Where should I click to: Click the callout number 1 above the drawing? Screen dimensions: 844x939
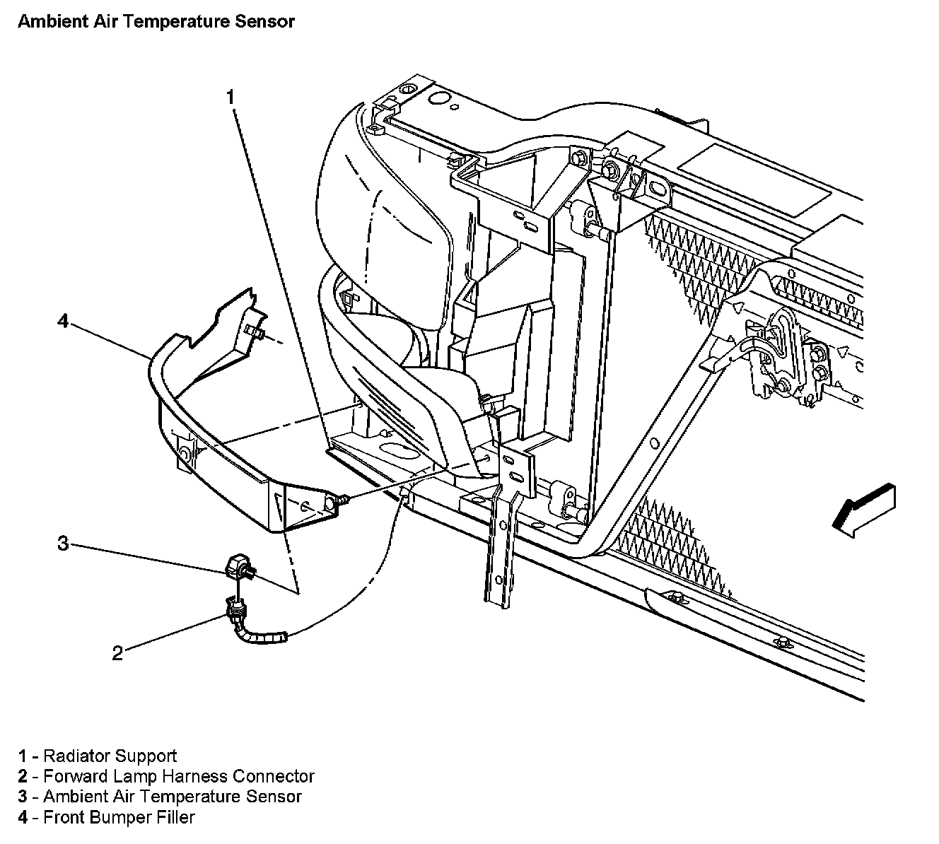[x=230, y=98]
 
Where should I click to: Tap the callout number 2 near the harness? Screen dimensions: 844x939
[x=117, y=652]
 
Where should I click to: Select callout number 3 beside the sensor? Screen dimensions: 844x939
[x=63, y=543]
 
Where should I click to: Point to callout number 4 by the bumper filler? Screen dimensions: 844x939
[x=63, y=322]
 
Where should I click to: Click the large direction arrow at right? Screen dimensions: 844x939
[x=863, y=508]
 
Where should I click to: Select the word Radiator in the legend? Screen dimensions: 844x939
[x=76, y=756]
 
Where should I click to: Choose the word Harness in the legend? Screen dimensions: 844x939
[x=194, y=776]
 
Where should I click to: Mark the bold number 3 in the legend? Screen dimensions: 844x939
[x=23, y=797]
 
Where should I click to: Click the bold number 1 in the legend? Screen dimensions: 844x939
[x=23, y=756]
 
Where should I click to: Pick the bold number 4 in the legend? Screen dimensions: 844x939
[x=23, y=818]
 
